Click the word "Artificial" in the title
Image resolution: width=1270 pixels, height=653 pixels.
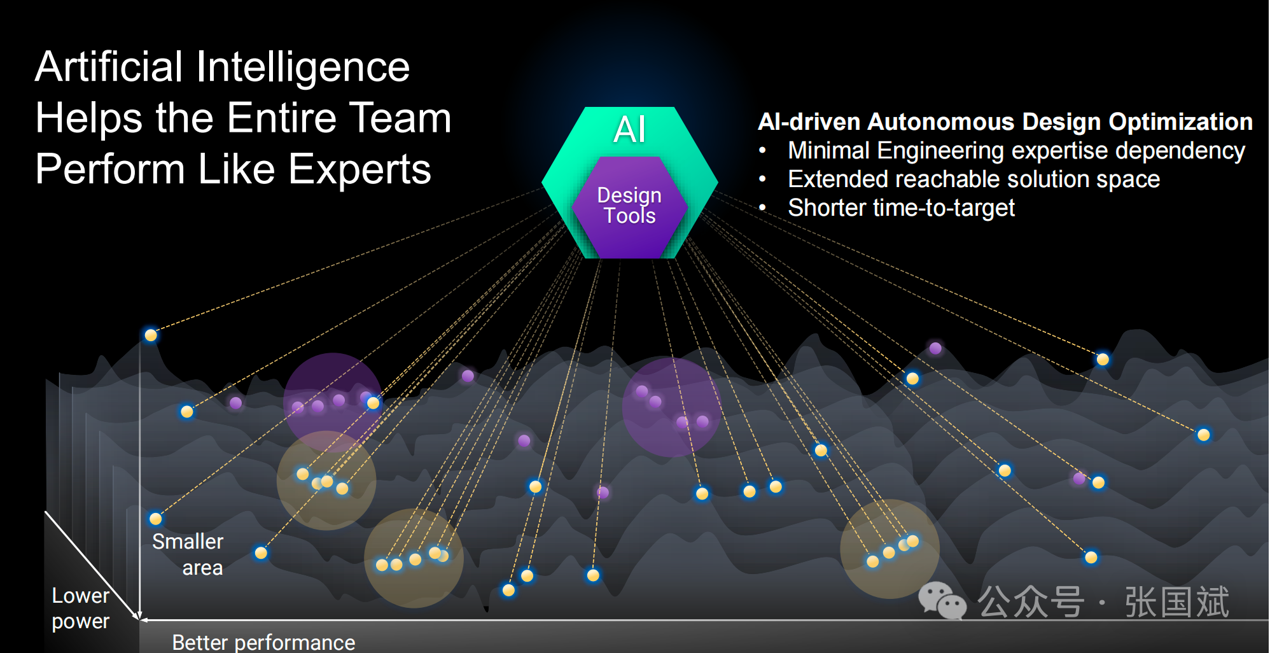click(x=109, y=67)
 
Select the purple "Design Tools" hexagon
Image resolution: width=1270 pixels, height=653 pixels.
click(x=630, y=206)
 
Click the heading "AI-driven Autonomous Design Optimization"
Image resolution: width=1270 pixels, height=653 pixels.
click(x=1005, y=122)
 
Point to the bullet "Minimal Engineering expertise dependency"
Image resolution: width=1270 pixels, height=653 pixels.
click(x=1016, y=151)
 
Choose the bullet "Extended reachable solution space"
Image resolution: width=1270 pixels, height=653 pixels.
click(x=973, y=179)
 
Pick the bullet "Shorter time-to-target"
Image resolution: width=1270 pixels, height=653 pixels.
click(x=901, y=208)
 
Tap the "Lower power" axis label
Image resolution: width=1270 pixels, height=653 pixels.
click(x=81, y=608)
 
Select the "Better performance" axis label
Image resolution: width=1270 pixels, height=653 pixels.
click(x=263, y=642)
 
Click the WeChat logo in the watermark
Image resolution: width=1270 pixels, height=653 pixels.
click(x=942, y=601)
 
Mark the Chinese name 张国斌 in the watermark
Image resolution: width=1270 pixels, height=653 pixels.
click(x=1177, y=602)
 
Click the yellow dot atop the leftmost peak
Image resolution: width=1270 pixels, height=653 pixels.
click(x=151, y=335)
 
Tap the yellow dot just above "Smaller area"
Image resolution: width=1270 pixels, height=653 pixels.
click(x=155, y=519)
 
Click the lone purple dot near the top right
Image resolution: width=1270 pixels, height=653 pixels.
click(x=935, y=348)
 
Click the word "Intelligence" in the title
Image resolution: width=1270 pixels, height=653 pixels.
click(x=303, y=67)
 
